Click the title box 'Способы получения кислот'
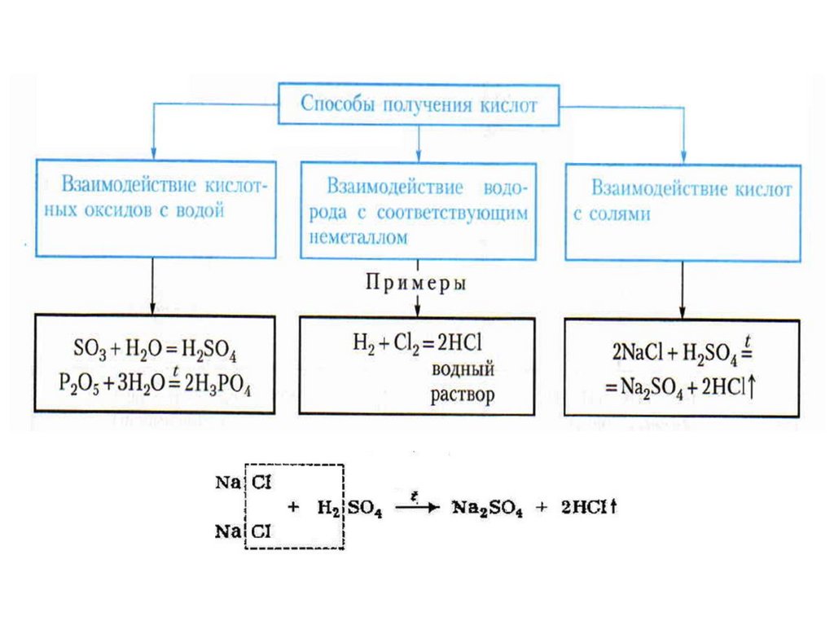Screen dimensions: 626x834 pos(419,104)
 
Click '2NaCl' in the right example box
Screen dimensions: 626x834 pos(639,356)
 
